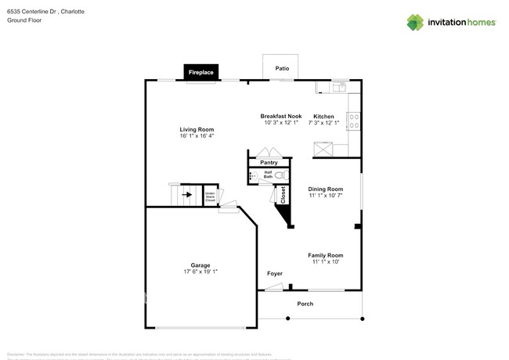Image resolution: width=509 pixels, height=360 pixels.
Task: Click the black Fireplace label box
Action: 201,72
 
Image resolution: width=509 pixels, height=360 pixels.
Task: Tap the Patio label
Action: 282,68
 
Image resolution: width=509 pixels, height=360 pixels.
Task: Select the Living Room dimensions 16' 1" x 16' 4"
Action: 197,136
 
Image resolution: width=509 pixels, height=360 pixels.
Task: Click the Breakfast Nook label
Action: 281,116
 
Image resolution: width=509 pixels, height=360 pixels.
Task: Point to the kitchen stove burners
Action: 354,121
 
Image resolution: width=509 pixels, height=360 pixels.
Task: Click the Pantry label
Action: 269,163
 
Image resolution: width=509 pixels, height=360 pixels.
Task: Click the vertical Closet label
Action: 283,195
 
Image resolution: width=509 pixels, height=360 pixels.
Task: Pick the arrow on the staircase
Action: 187,194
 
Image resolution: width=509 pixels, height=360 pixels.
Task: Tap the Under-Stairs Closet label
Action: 210,196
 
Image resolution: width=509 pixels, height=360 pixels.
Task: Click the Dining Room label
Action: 325,189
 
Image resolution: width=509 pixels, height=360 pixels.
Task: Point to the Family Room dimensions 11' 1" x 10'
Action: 325,262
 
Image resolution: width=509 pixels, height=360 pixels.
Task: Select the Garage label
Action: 200,265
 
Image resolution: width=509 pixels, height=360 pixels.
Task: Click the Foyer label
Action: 275,273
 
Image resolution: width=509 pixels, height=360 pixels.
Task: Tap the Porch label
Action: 305,304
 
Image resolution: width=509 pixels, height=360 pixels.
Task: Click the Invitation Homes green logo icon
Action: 415,22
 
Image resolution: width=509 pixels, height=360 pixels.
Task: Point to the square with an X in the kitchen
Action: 323,149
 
